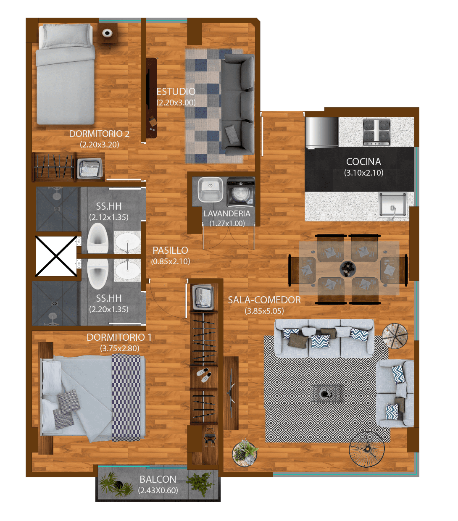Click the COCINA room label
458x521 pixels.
click(x=363, y=162)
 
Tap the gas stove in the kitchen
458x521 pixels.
click(x=376, y=132)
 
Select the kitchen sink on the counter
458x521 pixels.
click(x=393, y=205)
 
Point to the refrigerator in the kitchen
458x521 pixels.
click(x=321, y=133)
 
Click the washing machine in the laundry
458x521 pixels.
click(x=241, y=192)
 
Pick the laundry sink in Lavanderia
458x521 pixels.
click(x=210, y=190)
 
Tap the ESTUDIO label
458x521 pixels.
click(x=176, y=92)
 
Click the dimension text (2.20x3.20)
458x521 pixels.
click(x=100, y=145)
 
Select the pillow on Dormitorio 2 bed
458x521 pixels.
click(x=66, y=36)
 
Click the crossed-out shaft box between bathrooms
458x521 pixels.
click(x=56, y=256)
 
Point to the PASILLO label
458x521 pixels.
click(x=170, y=250)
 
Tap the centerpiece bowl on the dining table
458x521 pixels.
click(x=347, y=269)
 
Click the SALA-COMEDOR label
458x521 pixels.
click(x=264, y=300)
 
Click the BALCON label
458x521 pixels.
click(x=158, y=479)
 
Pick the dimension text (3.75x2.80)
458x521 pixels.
click(x=120, y=348)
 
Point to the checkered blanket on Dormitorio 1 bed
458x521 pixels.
click(x=126, y=397)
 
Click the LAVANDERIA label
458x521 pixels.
click(x=227, y=213)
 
